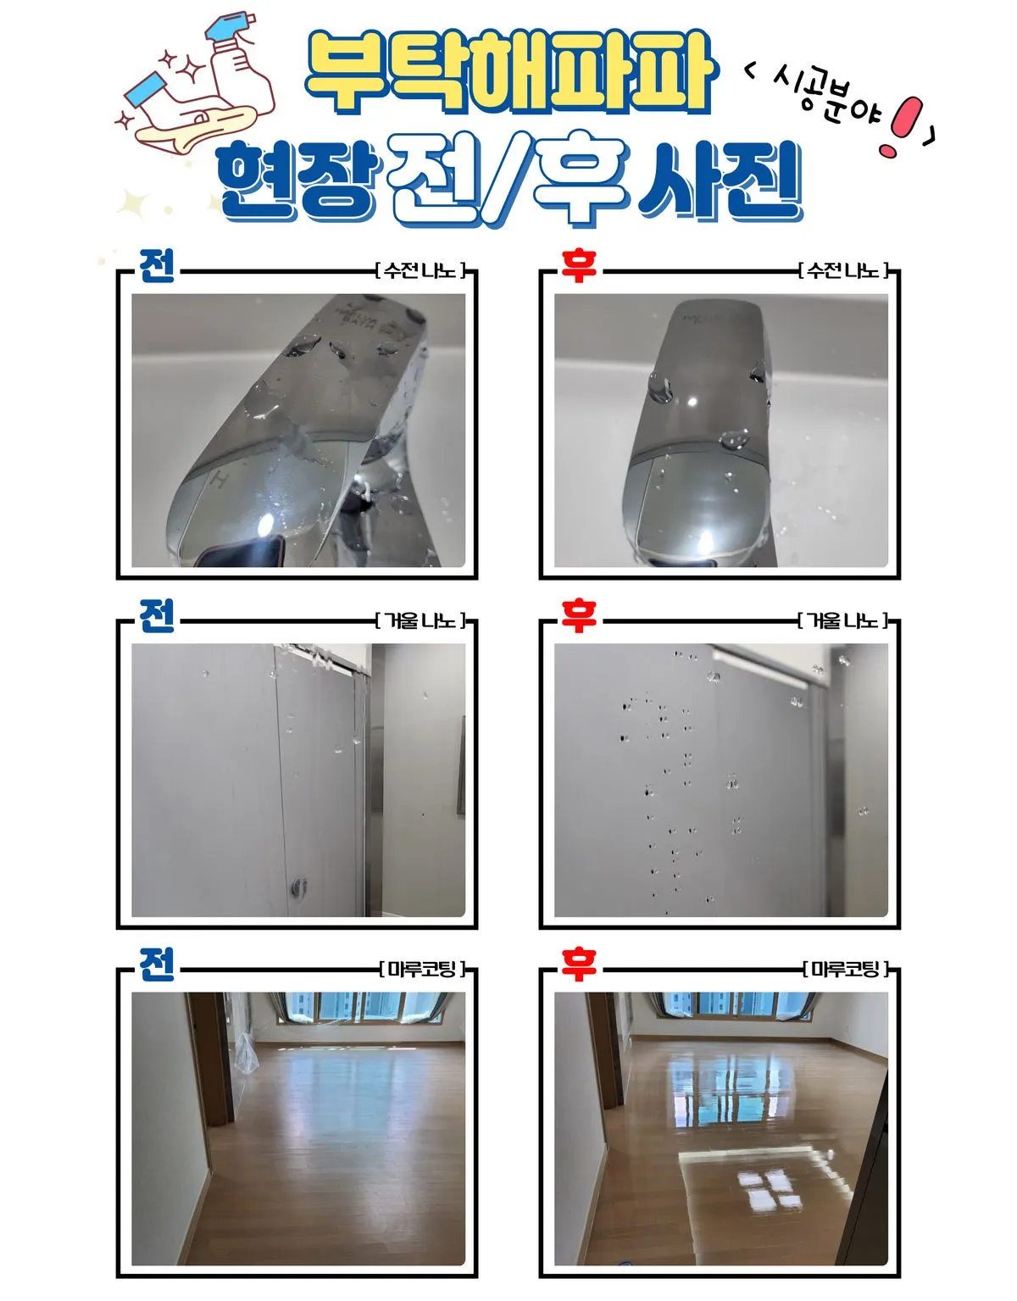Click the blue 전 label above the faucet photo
point(157,266)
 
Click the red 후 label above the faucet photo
point(579,266)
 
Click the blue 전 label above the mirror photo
point(157,616)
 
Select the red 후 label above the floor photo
point(579,965)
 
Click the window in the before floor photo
point(364,1006)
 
